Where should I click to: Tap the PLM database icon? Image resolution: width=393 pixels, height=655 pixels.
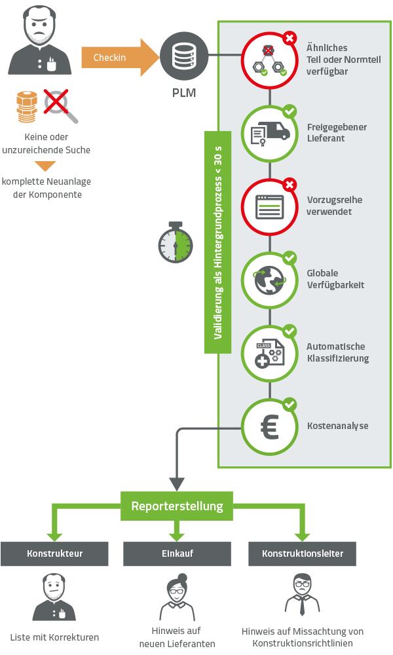pyautogui.click(x=179, y=58)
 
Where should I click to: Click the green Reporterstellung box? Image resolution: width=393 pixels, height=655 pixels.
pyautogui.click(x=177, y=506)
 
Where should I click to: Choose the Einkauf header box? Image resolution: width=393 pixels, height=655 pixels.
pyautogui.click(x=177, y=554)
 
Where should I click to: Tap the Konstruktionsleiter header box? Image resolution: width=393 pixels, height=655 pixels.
pyautogui.click(x=302, y=554)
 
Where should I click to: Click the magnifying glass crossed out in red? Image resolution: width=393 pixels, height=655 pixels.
pyautogui.click(x=61, y=107)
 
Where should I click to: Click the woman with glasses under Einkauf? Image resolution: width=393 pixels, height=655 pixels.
pyautogui.click(x=177, y=596)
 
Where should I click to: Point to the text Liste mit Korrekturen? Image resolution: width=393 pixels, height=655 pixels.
pyautogui.click(x=55, y=636)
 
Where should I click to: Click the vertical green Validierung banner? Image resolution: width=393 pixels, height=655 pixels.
pyautogui.click(x=218, y=242)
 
